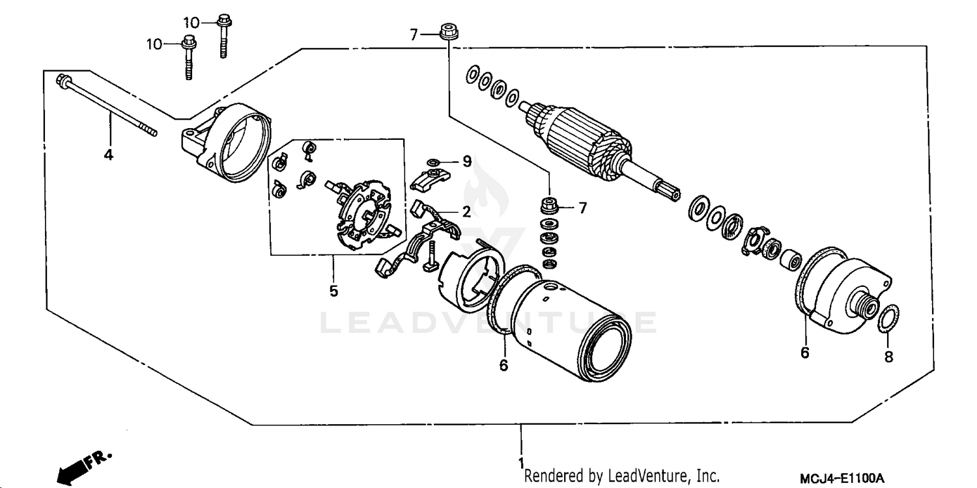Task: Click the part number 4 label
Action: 109,155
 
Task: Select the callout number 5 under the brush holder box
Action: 333,291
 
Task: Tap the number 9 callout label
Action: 466,161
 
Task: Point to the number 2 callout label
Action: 466,211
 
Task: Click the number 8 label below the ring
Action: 889,357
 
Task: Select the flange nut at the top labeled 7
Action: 447,31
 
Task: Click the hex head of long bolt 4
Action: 63,81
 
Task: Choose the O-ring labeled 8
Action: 888,320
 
